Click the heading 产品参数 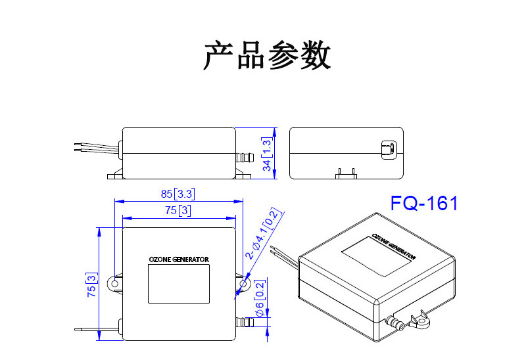267,55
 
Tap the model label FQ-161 423,203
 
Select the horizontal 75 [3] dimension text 178,210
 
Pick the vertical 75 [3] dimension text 91,287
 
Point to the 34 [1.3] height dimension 266,154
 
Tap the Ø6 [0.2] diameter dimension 260,305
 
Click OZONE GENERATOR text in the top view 179,259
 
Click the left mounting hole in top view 115,284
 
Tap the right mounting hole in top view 244,284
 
